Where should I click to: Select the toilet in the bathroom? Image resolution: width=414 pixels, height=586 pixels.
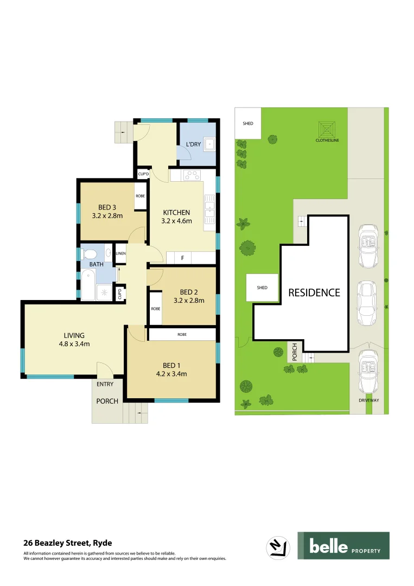tap(90, 254)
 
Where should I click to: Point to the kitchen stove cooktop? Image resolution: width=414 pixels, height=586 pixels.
tap(192, 175)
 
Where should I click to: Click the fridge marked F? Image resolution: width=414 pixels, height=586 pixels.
tap(183, 258)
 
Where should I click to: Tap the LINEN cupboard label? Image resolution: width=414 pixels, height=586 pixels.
tap(120, 253)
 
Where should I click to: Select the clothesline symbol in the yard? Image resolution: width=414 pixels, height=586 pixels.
tap(327, 129)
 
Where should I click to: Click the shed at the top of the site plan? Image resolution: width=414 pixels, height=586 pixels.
tap(247, 124)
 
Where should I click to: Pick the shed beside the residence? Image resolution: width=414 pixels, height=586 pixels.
tap(262, 288)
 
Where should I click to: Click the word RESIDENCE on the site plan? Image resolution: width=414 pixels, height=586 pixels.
tap(314, 292)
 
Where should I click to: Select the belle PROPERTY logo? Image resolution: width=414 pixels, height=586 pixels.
tap(343, 546)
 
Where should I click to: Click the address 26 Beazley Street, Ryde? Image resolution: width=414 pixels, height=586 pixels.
tap(68, 542)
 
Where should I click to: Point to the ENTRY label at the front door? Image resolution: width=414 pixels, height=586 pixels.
tap(105, 384)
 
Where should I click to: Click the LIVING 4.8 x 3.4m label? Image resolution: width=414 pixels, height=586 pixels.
tap(74, 339)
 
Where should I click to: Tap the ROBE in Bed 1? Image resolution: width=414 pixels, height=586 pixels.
tap(182, 335)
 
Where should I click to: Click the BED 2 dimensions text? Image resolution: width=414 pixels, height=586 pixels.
tap(188, 300)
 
